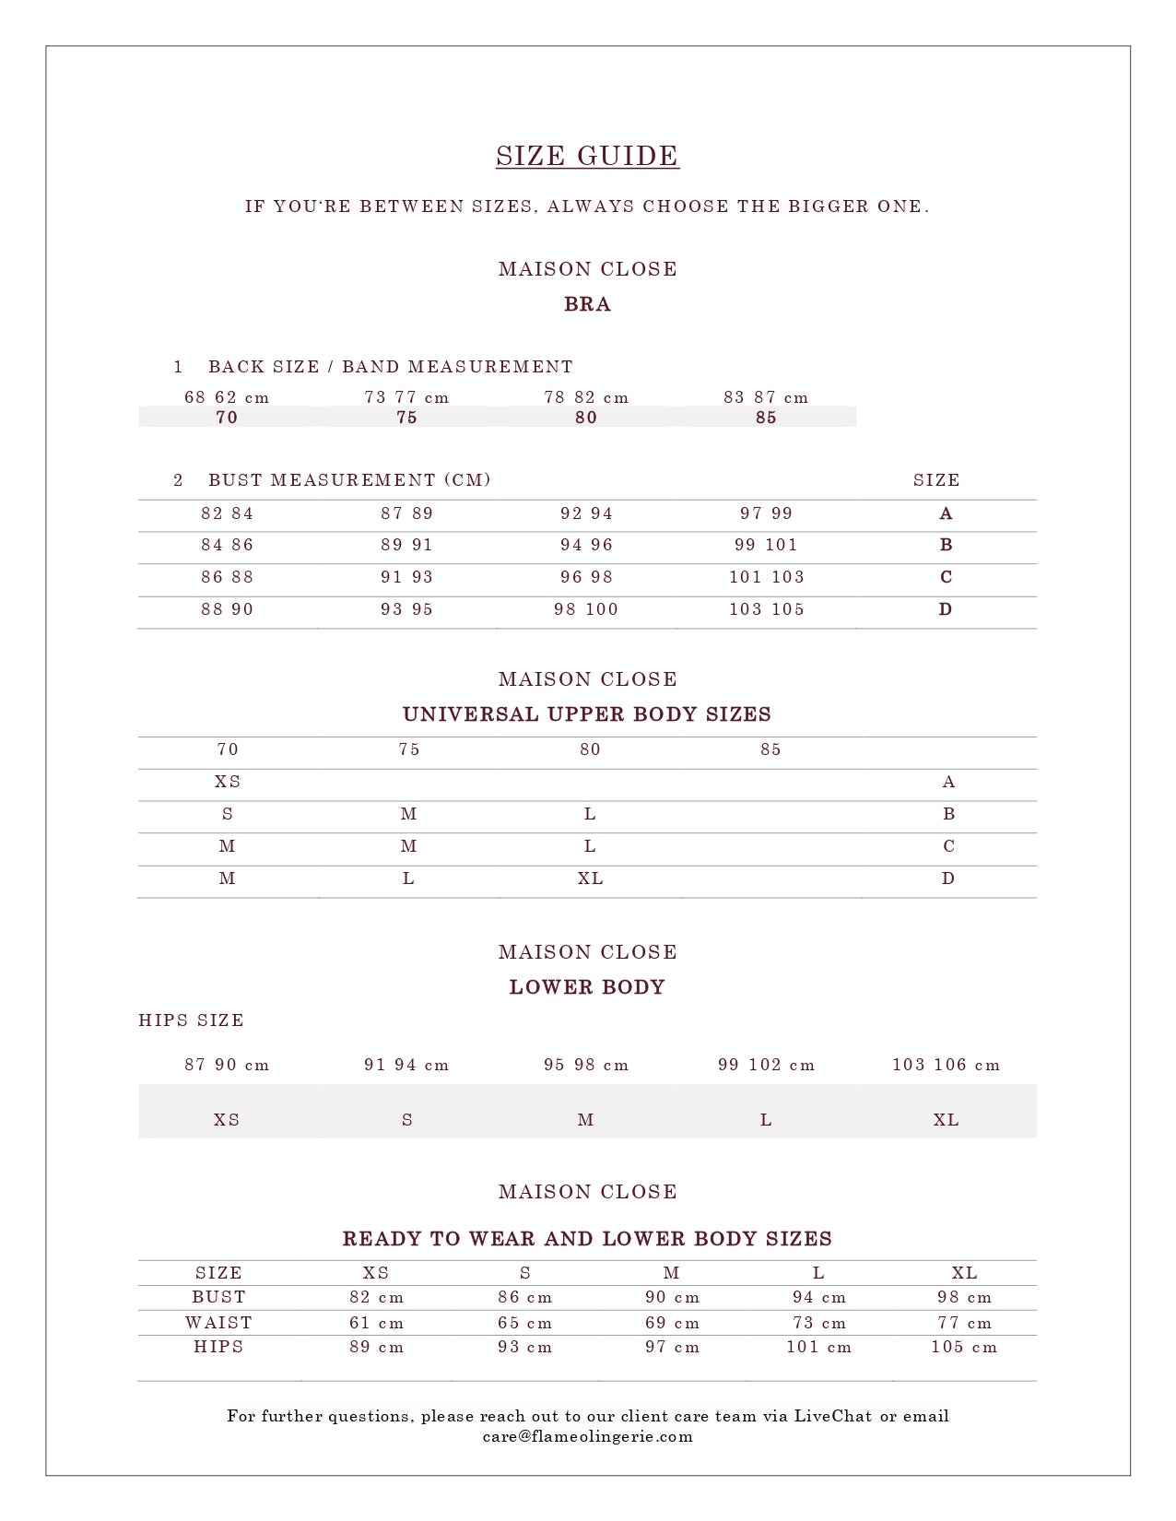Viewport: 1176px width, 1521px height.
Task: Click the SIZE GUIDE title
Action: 587,156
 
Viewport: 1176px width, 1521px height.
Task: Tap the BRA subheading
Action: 587,304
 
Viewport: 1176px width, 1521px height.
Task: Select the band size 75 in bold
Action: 406,418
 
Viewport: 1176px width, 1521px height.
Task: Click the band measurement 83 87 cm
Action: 766,397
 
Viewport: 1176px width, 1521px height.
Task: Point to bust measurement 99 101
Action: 766,545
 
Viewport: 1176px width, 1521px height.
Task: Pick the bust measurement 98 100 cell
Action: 586,609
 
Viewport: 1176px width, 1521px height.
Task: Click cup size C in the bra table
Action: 946,577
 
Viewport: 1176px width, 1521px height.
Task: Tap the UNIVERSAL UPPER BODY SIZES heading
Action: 587,714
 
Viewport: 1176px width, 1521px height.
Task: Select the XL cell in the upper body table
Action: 590,878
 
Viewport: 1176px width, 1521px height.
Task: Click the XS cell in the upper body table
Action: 228,782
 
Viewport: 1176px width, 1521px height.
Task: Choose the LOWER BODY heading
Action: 587,987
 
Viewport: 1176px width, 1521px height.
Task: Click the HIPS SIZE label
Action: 192,1020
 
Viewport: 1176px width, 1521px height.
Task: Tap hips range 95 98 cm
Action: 586,1065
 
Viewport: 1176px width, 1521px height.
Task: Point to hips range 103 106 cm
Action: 946,1065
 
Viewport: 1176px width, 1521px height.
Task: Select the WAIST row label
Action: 218,1323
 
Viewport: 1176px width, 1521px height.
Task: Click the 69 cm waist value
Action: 672,1323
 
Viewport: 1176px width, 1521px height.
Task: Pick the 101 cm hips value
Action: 818,1347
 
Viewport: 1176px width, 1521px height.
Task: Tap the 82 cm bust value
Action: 376,1297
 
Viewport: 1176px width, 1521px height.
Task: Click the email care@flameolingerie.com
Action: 587,1436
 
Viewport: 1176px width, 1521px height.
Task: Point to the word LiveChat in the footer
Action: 833,1416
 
